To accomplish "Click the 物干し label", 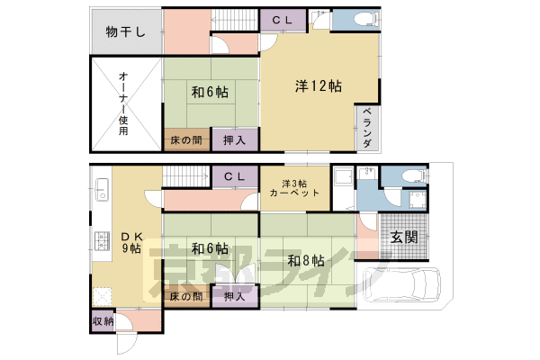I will [x=126, y=32].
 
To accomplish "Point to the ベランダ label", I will [x=368, y=127].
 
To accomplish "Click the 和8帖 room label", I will [x=306, y=260].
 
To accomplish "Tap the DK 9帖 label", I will [x=131, y=241].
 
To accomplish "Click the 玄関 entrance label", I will [x=403, y=238].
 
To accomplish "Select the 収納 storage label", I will [x=103, y=320].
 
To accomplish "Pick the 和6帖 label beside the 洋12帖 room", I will [x=209, y=92].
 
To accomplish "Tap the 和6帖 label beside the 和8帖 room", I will [x=209, y=249].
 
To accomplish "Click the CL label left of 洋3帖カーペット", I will [x=235, y=176].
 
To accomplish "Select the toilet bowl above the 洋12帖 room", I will [x=364, y=20].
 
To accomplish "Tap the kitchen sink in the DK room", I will [x=101, y=192].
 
